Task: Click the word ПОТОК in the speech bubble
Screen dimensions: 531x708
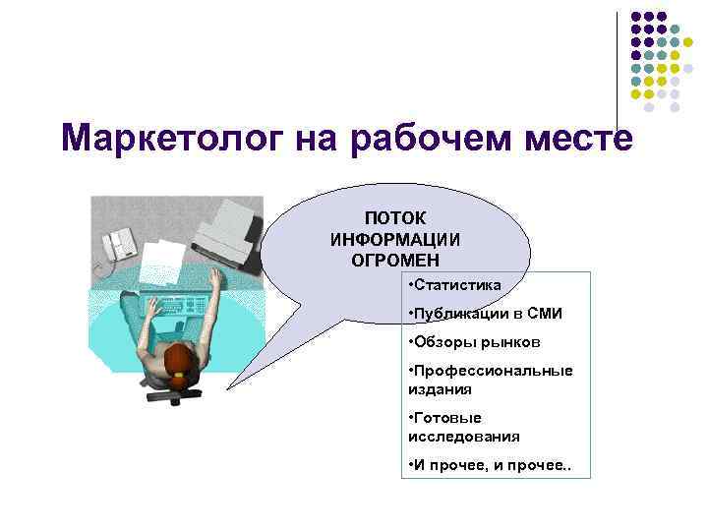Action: pyautogui.click(x=395, y=219)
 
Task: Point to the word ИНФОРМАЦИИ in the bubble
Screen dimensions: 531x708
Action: pyautogui.click(x=395, y=240)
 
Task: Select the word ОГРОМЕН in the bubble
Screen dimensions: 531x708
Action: pyautogui.click(x=395, y=260)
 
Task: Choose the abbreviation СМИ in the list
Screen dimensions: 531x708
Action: pyautogui.click(x=544, y=314)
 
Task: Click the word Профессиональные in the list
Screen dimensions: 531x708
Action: pyautogui.click(x=489, y=371)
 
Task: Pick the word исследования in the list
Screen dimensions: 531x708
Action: pyautogui.click(x=464, y=436)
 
